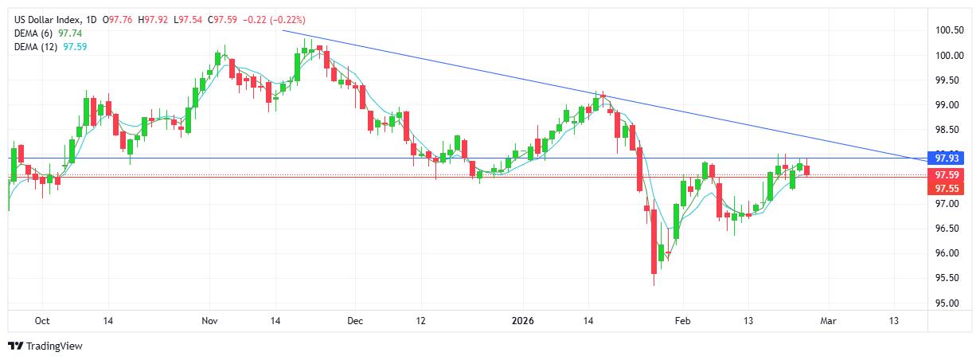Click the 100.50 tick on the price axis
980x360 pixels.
(949, 31)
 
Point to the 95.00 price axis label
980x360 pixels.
(947, 303)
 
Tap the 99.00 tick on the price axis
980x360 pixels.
(947, 105)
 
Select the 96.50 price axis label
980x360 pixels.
(947, 229)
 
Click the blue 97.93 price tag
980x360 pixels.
(946, 158)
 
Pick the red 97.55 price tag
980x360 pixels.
(946, 189)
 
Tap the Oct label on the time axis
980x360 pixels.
(42, 321)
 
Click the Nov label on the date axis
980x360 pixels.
(209, 321)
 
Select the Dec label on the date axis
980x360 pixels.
(355, 321)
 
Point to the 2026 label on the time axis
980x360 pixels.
(522, 321)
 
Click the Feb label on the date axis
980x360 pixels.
(682, 321)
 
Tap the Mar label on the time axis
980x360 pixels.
(827, 321)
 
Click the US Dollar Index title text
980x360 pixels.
(49, 19)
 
